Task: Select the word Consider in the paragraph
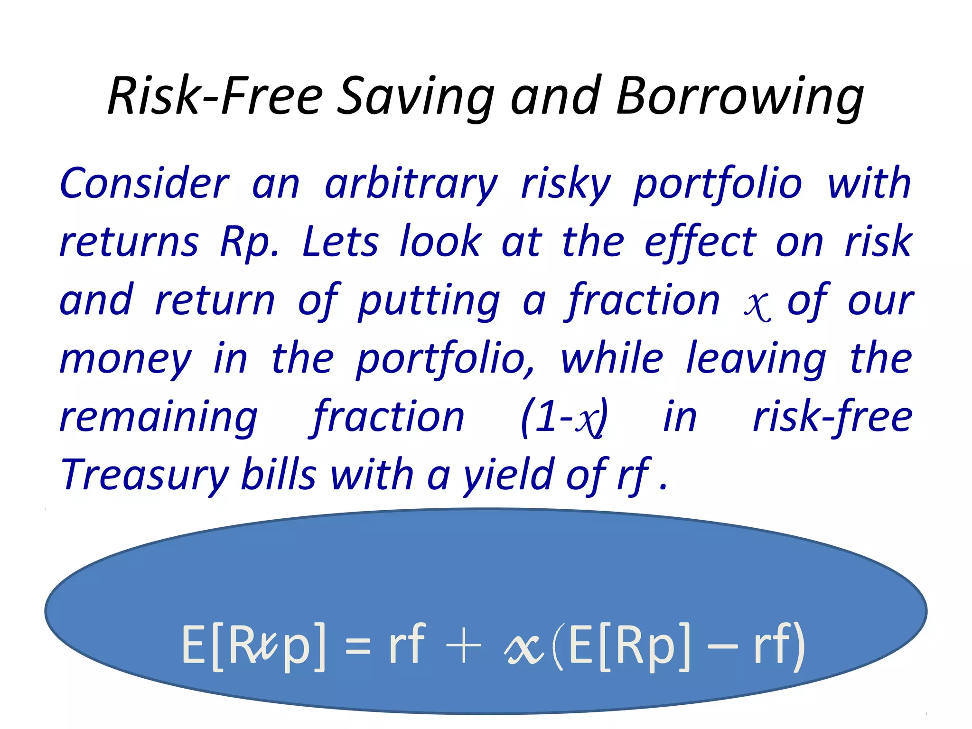pyautogui.click(x=144, y=183)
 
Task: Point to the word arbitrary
pyautogui.click(x=411, y=184)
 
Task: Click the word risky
pyautogui.click(x=566, y=184)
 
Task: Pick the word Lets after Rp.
pyautogui.click(x=340, y=242)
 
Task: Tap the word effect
pyautogui.click(x=700, y=242)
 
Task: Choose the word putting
pyautogui.click(x=429, y=301)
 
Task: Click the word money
pyautogui.click(x=125, y=359)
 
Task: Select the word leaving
pyautogui.click(x=757, y=359)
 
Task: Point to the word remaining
pyautogui.click(x=159, y=418)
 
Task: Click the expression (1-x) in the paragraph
pyautogui.click(x=564, y=418)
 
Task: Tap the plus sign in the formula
pyautogui.click(x=463, y=646)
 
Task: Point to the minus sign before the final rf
pyautogui.click(x=722, y=646)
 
